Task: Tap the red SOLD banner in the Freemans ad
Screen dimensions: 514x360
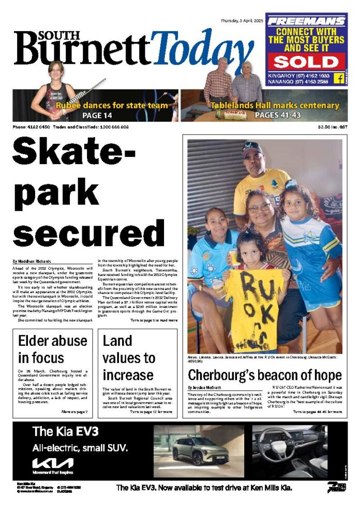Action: click(x=305, y=62)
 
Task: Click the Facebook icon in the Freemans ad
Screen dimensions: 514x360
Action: click(x=339, y=79)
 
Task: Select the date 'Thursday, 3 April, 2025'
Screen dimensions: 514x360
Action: click(x=242, y=21)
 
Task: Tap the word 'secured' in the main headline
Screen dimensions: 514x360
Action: click(x=88, y=231)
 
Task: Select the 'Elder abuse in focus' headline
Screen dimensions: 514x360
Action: click(x=52, y=349)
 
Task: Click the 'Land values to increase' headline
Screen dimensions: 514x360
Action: click(x=129, y=357)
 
